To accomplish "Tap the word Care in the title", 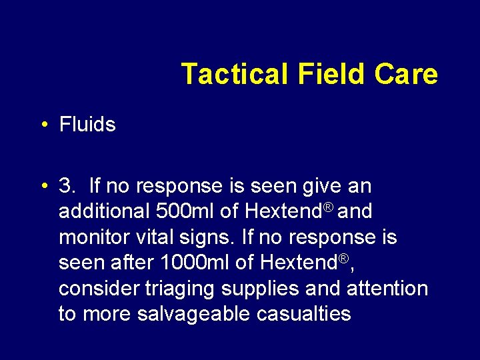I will tap(406, 74).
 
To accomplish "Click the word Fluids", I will tap(87, 125).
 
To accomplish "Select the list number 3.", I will tap(67, 186).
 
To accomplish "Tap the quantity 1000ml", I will tap(195, 263).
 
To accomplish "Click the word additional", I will tap(103, 211).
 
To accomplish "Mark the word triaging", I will tap(185, 289).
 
